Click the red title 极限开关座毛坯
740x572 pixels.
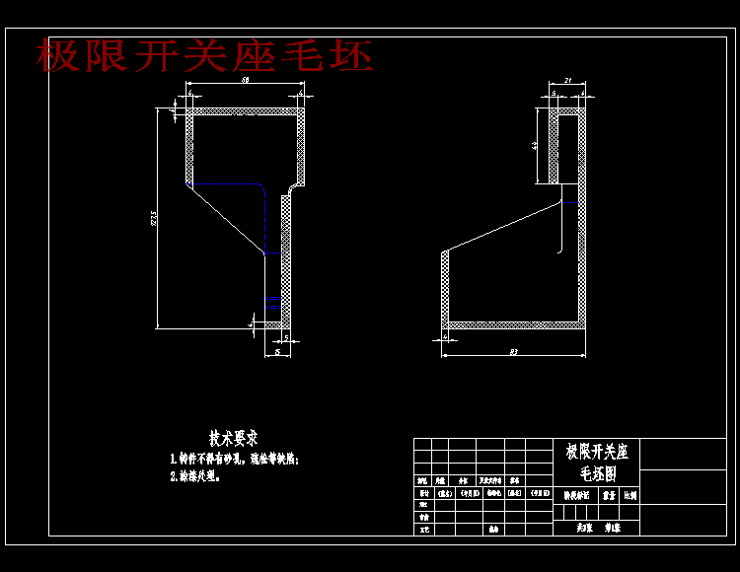coord(205,56)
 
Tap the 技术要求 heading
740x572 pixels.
coord(234,437)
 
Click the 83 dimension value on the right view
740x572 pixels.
coord(514,350)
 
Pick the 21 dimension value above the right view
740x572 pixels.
coord(567,81)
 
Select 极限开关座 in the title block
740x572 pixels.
coord(596,453)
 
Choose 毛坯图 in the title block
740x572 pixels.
coord(596,472)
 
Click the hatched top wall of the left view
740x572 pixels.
coord(245,111)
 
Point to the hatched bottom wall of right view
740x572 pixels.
coord(513,324)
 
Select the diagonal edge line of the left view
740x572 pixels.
coord(226,219)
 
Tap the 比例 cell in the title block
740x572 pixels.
coord(629,496)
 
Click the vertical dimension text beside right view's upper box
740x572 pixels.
coord(534,145)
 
